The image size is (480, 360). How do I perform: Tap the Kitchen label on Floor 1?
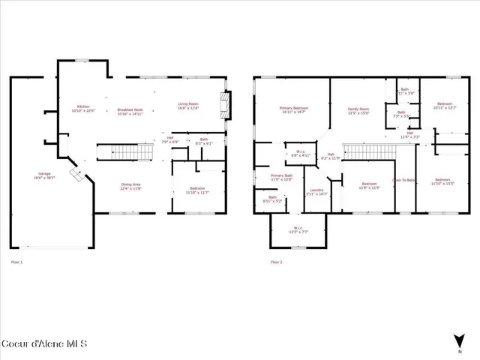[88, 107]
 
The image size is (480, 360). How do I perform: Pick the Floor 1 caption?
[16, 262]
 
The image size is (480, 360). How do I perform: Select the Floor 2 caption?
[276, 262]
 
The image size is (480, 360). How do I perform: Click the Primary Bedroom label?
[292, 109]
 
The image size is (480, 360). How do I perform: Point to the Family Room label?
[358, 109]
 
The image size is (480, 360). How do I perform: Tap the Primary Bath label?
[281, 176]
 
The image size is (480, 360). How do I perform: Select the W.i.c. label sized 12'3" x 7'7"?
[298, 229]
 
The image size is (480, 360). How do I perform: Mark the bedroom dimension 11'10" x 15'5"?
[442, 183]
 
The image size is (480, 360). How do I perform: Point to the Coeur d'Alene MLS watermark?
[45, 345]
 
